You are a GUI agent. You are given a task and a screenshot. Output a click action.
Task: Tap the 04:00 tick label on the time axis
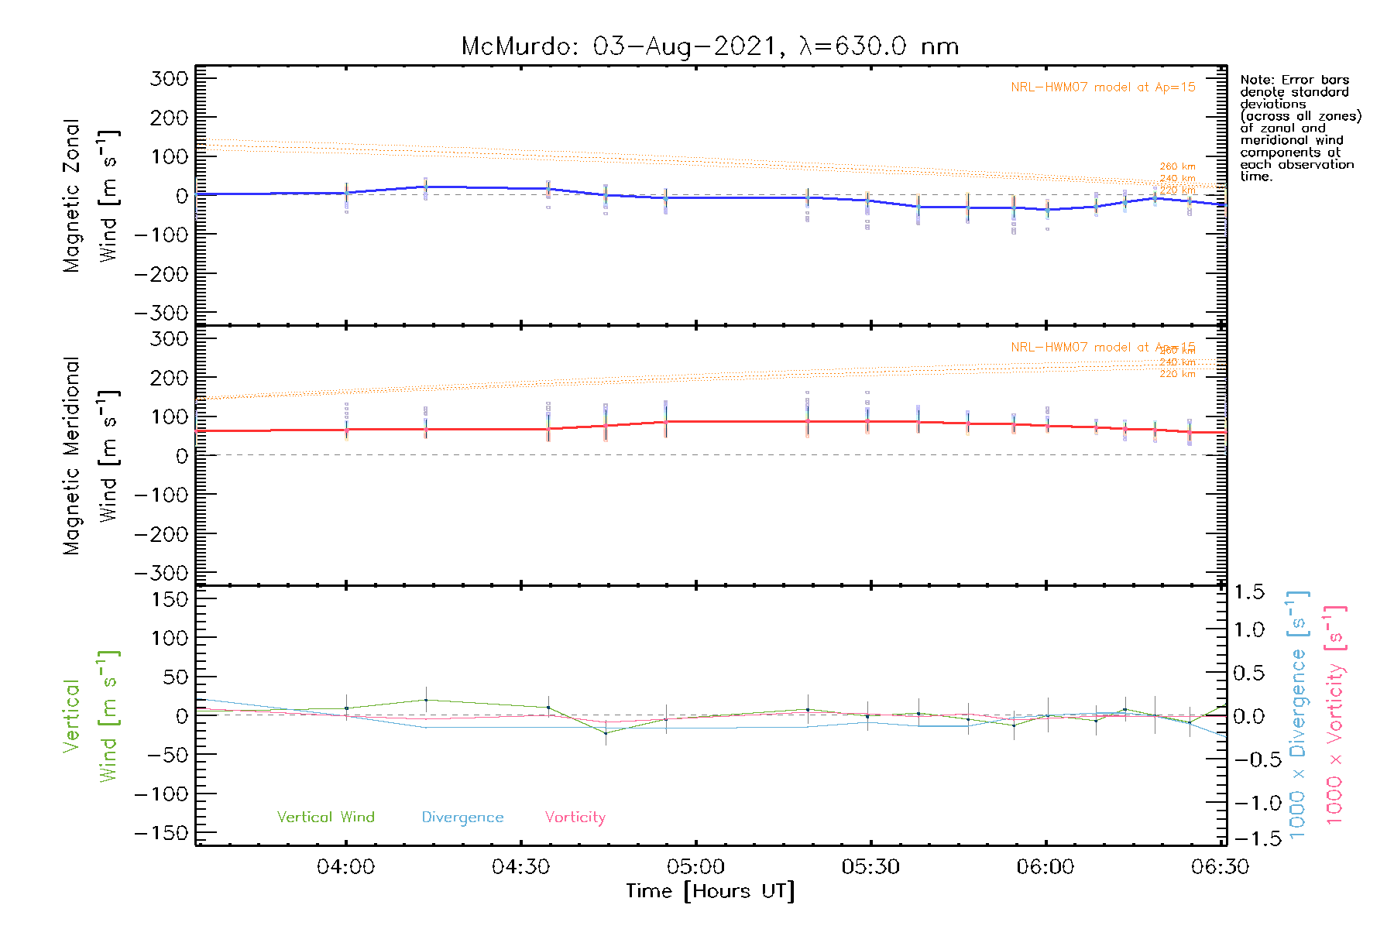click(x=345, y=867)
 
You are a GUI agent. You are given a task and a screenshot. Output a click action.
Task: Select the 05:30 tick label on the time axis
click(x=870, y=867)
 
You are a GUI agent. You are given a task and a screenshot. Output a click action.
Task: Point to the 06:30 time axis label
click(x=1220, y=867)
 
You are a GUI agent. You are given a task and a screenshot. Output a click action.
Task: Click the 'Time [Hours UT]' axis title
click(x=710, y=891)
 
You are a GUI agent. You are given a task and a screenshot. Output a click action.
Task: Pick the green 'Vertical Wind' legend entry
click(x=325, y=817)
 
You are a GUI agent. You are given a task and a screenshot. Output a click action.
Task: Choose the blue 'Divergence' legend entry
click(x=462, y=818)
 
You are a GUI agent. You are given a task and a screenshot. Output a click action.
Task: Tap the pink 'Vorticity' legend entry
click(x=575, y=817)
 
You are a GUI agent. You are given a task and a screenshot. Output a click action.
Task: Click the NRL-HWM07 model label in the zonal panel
click(x=1103, y=87)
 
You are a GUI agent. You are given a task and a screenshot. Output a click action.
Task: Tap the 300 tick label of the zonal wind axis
click(x=169, y=78)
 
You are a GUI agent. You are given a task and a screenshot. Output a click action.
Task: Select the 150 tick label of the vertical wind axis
click(x=169, y=599)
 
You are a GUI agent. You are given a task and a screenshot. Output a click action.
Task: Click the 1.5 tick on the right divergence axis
click(x=1249, y=592)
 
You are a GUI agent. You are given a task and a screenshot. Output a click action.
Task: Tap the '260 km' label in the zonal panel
click(x=1177, y=166)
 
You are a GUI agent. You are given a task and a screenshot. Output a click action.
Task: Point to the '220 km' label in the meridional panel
click(x=1177, y=374)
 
